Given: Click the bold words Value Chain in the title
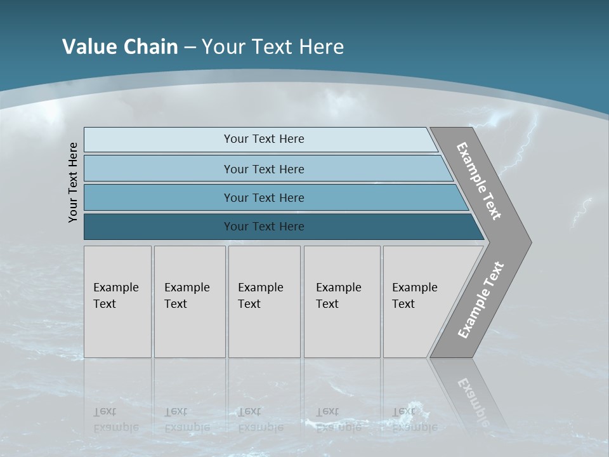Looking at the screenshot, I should point(120,47).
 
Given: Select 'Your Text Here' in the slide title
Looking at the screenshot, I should point(273,47).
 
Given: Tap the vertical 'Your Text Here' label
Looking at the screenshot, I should point(74,182).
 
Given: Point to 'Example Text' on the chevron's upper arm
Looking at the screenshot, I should point(479,181).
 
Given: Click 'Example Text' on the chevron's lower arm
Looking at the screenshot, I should point(481,300).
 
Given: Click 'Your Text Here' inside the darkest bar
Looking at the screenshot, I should point(264,227).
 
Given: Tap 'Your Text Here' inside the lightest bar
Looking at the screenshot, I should point(264,139).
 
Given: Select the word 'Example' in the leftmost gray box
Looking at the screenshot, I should point(115,288).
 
